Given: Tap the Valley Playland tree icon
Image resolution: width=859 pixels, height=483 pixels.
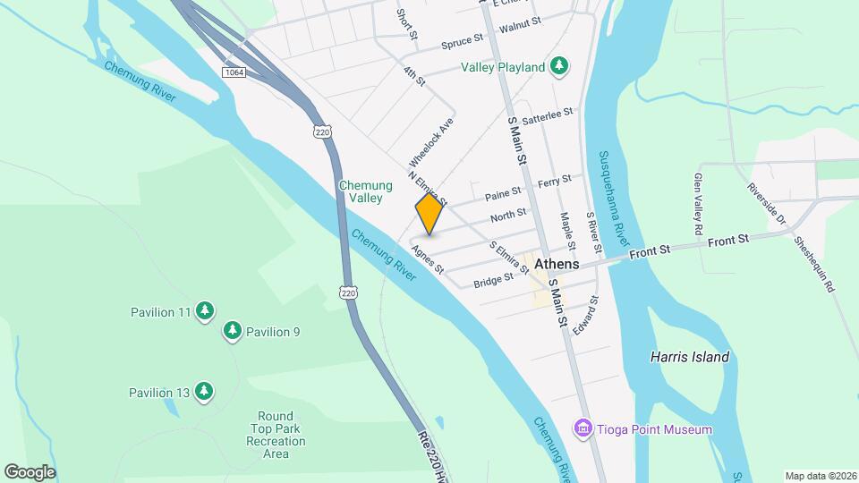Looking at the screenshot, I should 559,66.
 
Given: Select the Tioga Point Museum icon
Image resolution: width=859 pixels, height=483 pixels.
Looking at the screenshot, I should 584,429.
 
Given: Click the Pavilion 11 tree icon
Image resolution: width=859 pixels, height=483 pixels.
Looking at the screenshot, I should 206,311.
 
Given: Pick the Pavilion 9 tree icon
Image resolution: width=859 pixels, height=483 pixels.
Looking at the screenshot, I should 233,331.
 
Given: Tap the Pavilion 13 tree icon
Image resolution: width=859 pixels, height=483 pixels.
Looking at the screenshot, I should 205,391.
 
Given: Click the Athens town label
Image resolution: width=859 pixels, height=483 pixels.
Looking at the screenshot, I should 557,265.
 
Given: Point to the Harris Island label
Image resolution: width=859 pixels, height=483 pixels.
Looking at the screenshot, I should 689,358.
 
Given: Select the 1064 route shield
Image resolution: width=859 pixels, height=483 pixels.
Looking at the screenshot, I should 234,72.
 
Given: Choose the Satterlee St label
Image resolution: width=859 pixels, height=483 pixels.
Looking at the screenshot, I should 547,117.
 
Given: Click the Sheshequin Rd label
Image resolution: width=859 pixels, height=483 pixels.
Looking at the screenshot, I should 821,262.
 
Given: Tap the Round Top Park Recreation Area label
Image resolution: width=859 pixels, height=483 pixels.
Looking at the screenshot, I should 276,435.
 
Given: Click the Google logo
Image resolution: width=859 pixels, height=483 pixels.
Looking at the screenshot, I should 30,471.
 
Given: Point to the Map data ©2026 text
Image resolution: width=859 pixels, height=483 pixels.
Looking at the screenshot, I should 819,476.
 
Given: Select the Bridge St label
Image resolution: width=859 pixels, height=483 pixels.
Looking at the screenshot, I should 493,279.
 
